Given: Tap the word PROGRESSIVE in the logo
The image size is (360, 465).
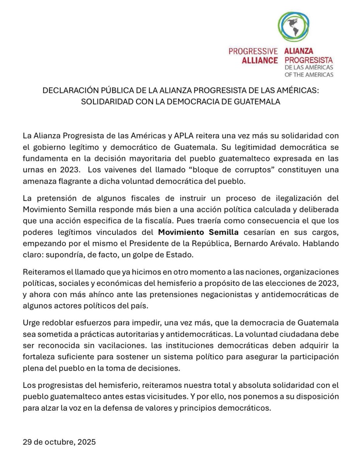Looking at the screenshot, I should click(x=253, y=52).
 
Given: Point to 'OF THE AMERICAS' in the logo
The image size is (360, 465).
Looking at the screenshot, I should click(x=309, y=74).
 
